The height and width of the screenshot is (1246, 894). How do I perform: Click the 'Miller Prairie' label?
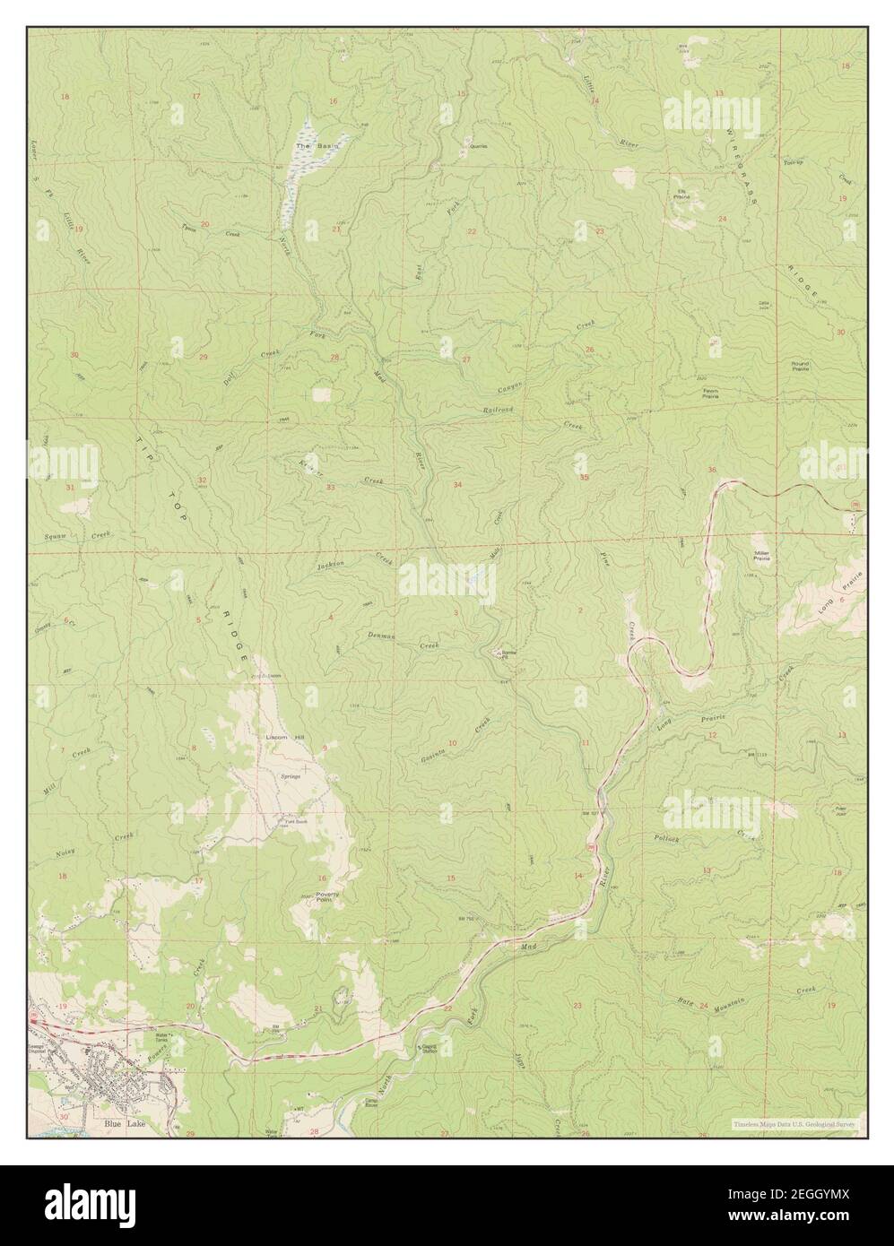(x=762, y=556)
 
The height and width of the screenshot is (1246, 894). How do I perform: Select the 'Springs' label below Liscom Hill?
(x=290, y=776)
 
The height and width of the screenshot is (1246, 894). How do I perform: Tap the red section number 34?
(x=458, y=485)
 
